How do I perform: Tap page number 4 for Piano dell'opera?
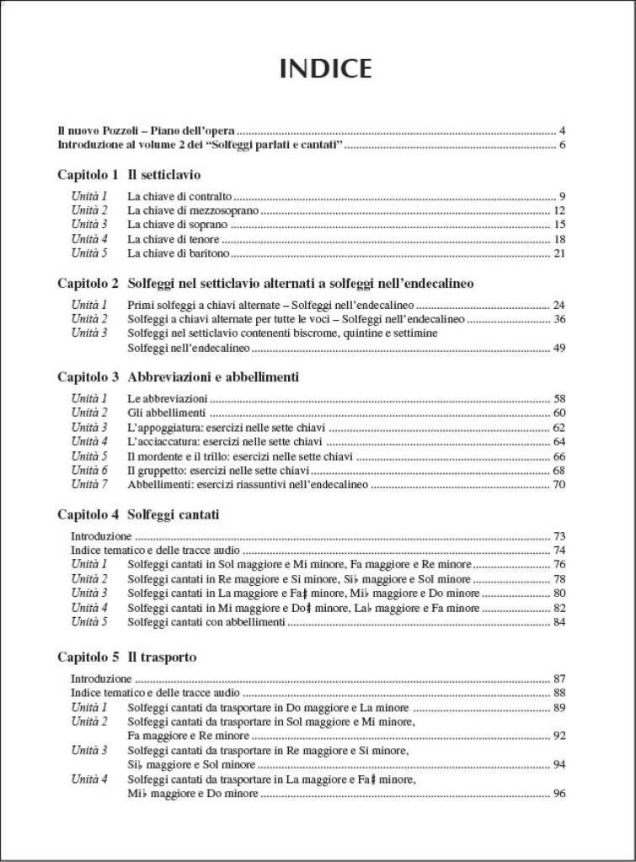[562, 131]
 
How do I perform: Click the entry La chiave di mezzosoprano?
[193, 210]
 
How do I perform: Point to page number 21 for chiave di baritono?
[559, 253]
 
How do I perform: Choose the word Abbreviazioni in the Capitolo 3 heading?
[166, 377]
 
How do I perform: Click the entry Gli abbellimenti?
[167, 412]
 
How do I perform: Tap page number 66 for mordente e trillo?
[559, 456]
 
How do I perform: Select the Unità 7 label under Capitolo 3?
[89, 484]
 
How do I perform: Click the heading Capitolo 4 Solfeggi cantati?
[138, 514]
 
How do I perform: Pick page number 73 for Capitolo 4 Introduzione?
[559, 536]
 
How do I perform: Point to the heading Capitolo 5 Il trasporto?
[127, 657]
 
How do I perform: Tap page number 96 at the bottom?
[559, 794]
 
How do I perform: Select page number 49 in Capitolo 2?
[559, 348]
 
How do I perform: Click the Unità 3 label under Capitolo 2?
[89, 333]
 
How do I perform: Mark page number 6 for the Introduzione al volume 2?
[562, 145]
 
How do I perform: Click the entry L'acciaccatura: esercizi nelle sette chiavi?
[225, 441]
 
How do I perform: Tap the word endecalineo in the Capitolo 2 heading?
[435, 284]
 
